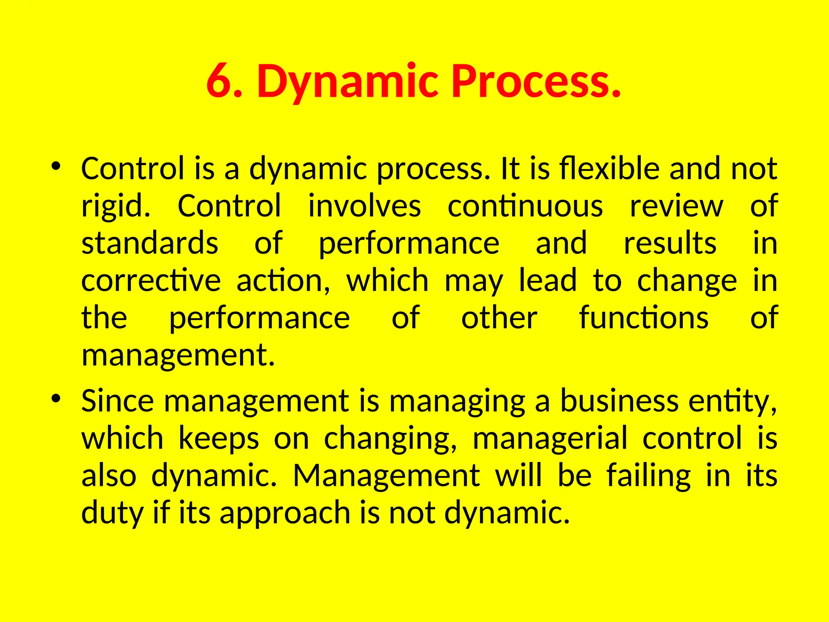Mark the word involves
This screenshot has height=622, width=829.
coord(364,206)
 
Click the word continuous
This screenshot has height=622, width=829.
coord(525,206)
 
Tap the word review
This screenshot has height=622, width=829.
coord(676,206)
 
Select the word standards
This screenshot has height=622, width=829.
coord(150,243)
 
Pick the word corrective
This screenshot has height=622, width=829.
coord(151,281)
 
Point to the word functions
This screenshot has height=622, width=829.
coord(644,318)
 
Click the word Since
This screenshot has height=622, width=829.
coord(117,401)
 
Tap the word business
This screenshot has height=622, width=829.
coord(619,401)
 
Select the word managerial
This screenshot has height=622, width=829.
coord(550,439)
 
